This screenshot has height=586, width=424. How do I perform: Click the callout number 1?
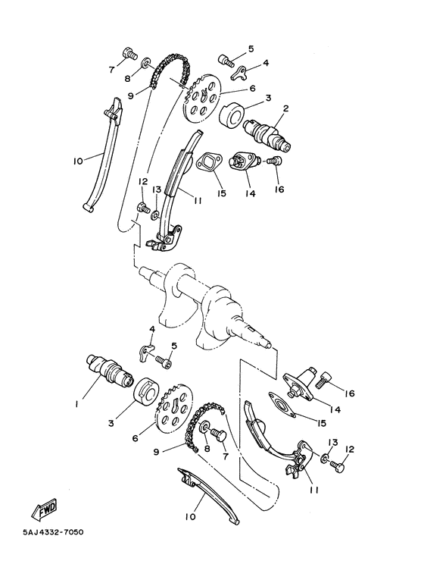click(x=76, y=405)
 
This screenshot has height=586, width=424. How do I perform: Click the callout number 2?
click(x=285, y=108)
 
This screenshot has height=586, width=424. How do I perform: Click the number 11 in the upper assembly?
click(x=196, y=201)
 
